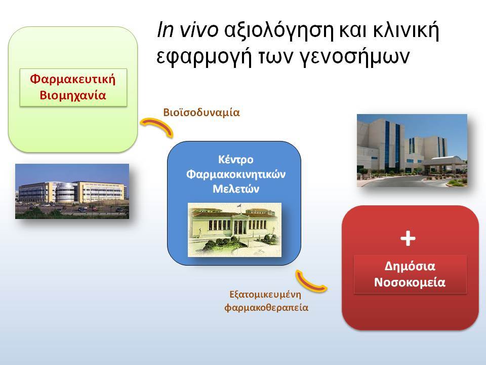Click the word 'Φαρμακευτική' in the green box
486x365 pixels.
click(73, 79)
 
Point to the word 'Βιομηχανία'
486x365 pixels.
click(73, 95)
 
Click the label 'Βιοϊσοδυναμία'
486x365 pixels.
click(201, 113)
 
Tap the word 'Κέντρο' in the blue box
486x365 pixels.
click(235, 160)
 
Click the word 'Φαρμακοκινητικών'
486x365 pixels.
click(235, 174)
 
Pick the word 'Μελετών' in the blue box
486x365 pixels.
click(235, 189)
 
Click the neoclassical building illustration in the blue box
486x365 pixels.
click(234, 230)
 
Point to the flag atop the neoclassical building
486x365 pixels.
click(239, 206)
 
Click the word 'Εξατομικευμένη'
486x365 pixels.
click(265, 294)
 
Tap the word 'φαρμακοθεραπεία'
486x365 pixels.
click(266, 308)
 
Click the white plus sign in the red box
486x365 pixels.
click(408, 238)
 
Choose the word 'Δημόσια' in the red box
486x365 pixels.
click(410, 266)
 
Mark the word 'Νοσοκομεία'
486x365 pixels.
click(410, 282)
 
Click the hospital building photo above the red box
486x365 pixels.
click(412, 151)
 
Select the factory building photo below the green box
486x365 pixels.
click(72, 191)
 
